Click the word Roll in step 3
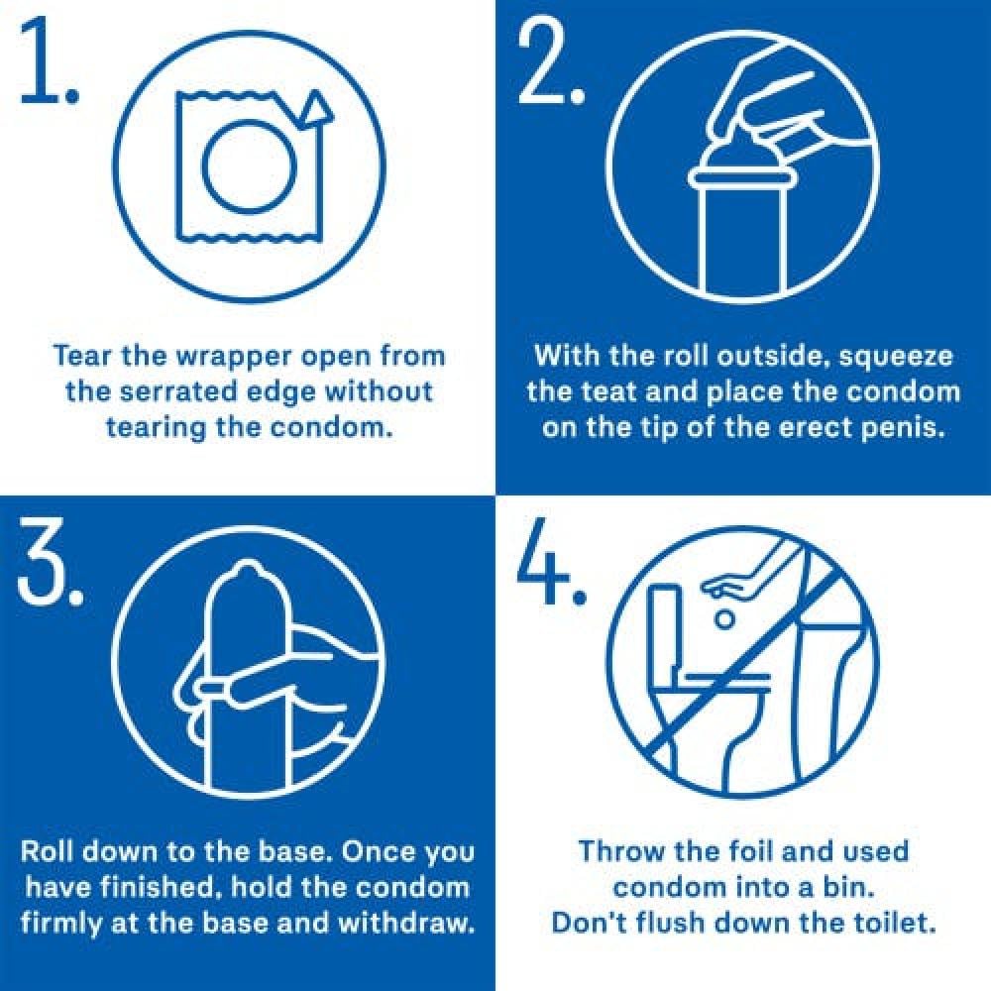47,851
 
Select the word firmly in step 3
60,925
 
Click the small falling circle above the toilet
725,619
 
